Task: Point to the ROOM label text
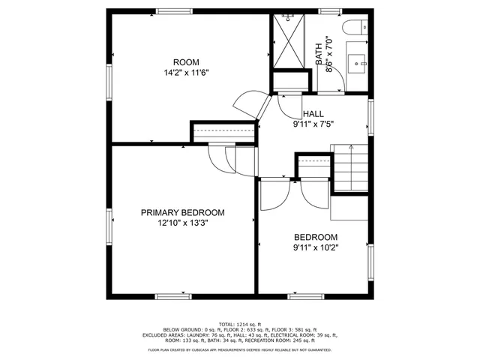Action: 186,62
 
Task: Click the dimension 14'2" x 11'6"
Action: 186,73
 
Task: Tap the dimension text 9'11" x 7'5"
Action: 313,125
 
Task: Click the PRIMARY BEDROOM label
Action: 182,213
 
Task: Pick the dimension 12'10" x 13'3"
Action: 182,223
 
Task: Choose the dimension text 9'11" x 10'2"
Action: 316,247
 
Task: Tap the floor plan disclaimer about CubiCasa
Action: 239,349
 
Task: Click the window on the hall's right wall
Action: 370,116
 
